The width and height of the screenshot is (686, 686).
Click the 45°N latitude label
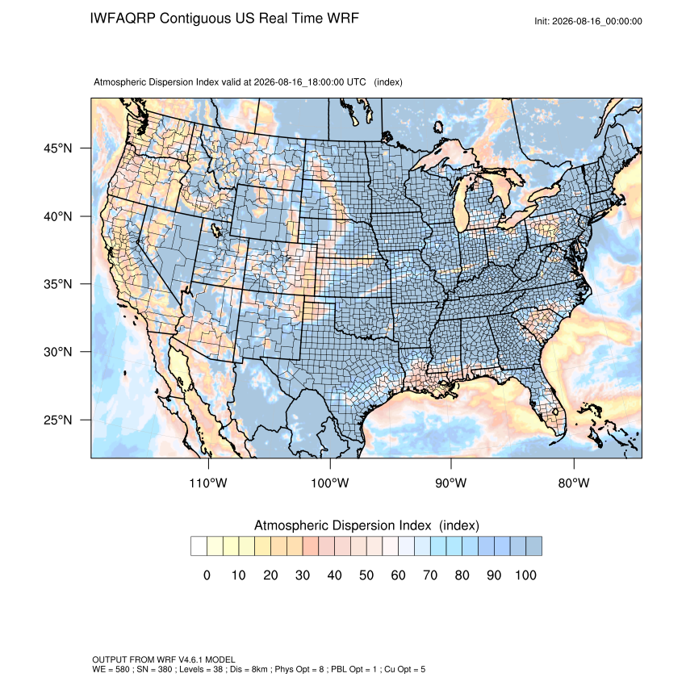(58, 148)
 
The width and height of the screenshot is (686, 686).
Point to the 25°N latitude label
(58, 420)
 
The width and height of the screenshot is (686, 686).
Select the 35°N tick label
(58, 284)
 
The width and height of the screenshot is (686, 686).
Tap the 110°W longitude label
(208, 483)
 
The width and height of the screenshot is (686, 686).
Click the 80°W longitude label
(574, 483)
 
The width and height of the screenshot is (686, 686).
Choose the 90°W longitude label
(450, 483)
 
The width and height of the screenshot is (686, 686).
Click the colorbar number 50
(366, 575)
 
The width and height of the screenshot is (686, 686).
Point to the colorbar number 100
(525, 575)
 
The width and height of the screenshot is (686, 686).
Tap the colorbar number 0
(207, 575)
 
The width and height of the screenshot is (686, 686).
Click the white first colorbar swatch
(199, 546)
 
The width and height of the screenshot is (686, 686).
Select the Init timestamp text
(588, 21)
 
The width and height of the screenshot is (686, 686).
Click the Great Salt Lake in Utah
(216, 230)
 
